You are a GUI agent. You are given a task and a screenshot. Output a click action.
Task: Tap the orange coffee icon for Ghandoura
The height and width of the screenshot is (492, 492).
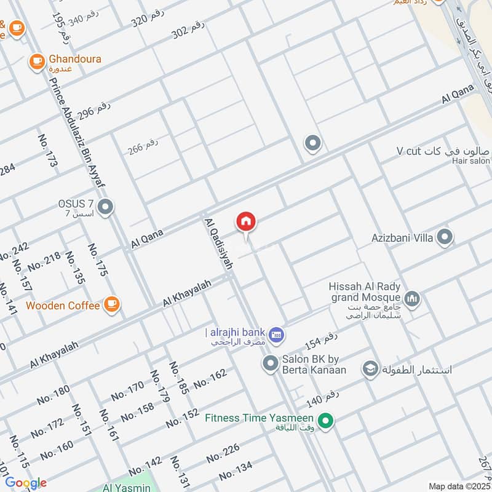click(x=37, y=61)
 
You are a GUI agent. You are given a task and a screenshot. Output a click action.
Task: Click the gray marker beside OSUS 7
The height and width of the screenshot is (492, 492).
click(x=105, y=207)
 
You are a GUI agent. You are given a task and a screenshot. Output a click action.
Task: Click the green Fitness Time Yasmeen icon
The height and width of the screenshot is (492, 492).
click(x=327, y=421)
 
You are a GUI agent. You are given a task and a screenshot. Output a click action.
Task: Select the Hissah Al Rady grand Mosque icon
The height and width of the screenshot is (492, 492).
click(x=413, y=299)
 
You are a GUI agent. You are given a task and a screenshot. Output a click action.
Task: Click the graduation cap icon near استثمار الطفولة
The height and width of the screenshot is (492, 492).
click(x=370, y=369)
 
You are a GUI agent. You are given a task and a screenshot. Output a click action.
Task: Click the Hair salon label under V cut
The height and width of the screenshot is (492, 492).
click(x=470, y=161)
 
